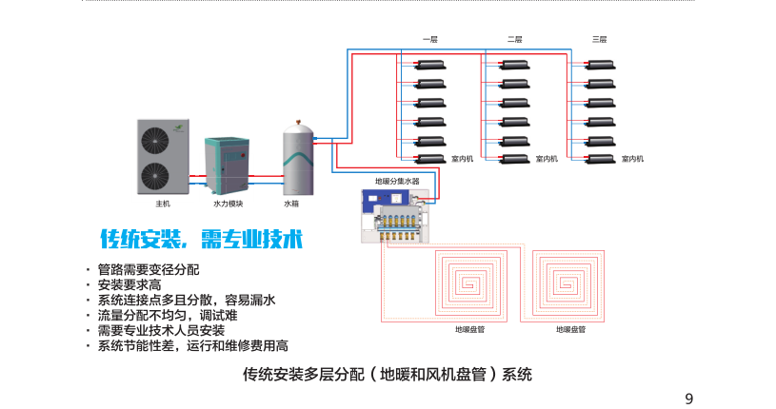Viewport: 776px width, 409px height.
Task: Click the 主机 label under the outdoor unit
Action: [162, 204]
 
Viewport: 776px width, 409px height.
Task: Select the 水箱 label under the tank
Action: [292, 204]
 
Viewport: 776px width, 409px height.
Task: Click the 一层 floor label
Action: [429, 39]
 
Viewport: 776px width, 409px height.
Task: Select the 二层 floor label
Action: [515, 39]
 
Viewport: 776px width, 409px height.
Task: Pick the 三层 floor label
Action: [600, 39]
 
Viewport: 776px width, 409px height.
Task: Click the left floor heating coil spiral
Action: [472, 283]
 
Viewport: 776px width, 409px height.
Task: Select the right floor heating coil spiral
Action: [570, 283]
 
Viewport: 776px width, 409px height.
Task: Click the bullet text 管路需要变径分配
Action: [149, 269]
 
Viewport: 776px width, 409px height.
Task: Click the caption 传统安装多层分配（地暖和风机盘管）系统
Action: [388, 374]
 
